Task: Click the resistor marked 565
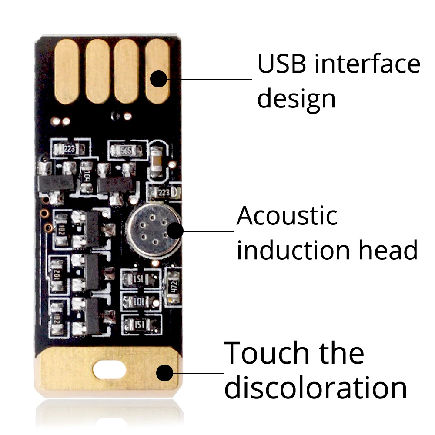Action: point(126,151)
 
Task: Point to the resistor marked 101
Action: point(140,301)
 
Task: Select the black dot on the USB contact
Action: point(159,79)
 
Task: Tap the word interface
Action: point(368,64)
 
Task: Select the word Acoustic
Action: point(287,216)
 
